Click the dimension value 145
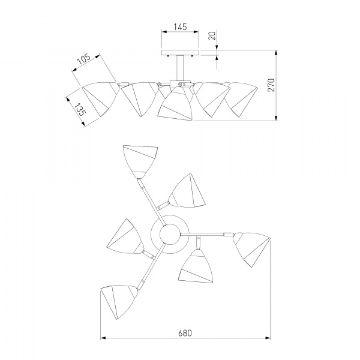click(x=180, y=27)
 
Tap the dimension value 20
click(x=212, y=36)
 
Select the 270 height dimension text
click(x=271, y=85)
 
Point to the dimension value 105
click(x=84, y=59)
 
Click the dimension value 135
click(x=80, y=109)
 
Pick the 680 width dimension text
click(x=185, y=333)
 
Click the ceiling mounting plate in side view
click(x=180, y=53)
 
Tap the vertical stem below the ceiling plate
click(x=180, y=68)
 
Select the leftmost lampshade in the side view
click(x=100, y=99)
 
